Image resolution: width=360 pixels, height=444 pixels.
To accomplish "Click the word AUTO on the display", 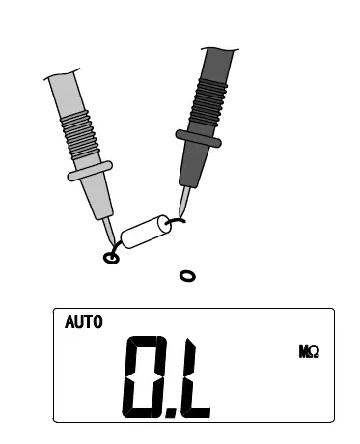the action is (84, 321).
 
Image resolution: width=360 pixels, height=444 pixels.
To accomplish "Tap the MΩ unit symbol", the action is (309, 351).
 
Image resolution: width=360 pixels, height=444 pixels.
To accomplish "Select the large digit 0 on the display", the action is (142, 376).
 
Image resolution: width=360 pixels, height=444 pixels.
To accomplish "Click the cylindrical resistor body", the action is (146, 232).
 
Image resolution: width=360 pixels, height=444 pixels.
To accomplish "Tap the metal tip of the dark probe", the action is (184, 202).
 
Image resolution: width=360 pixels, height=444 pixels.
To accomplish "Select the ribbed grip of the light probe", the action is (79, 134).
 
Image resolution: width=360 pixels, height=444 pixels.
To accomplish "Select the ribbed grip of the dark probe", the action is (208, 102).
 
